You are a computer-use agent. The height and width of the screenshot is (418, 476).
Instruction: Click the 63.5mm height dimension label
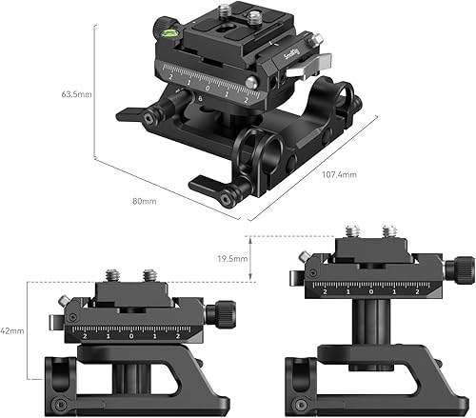[75, 95]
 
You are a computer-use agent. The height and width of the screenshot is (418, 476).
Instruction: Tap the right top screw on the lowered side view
[148, 276]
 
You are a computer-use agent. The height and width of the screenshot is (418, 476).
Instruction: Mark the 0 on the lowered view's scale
[130, 335]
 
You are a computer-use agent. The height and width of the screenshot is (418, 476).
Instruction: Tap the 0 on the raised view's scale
[369, 292]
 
